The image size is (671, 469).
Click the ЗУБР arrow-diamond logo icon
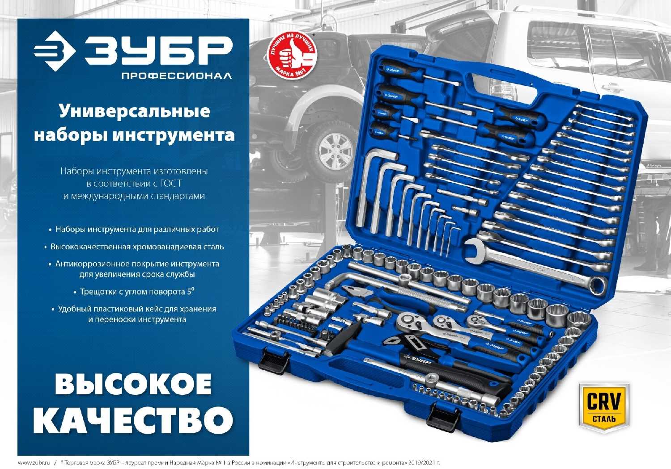click(x=54, y=51)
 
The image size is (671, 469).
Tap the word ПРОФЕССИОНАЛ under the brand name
click(x=177, y=76)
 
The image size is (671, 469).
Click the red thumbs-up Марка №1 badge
click(x=292, y=56)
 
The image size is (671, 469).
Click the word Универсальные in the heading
click(x=135, y=111)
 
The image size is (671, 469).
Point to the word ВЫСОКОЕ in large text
click(x=133, y=384)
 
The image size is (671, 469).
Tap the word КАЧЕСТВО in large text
click(x=133, y=419)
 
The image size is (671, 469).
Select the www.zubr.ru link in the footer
click(x=34, y=463)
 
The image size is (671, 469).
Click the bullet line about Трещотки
click(x=134, y=292)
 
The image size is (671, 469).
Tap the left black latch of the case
click(x=273, y=361)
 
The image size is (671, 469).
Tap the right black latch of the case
click(x=442, y=416)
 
